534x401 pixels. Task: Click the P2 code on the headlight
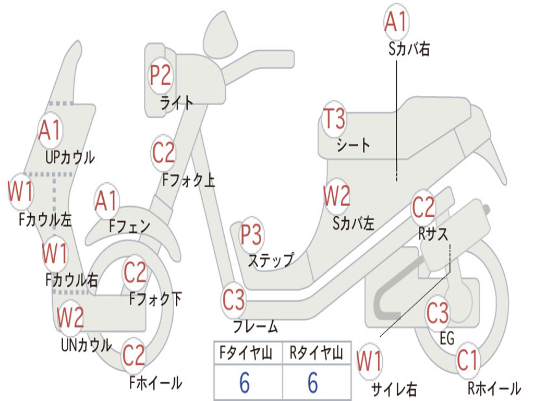click(161, 75)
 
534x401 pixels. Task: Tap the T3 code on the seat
click(334, 119)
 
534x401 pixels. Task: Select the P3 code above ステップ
click(251, 234)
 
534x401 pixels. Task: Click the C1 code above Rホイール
click(467, 360)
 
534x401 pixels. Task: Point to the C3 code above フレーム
click(233, 300)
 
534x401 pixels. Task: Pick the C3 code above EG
click(438, 313)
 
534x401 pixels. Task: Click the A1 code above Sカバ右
click(396, 21)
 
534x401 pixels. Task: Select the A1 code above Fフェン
click(106, 201)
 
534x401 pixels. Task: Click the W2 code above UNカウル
click(70, 317)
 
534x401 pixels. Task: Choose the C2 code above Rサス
click(423, 207)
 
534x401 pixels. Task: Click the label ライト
click(176, 103)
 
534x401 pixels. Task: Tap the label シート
click(353, 146)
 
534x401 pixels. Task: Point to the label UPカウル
click(70, 157)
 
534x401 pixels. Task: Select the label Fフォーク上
click(188, 180)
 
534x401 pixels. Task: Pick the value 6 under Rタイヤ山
click(313, 382)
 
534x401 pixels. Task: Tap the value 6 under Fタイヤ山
click(245, 382)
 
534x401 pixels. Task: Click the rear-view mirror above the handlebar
click(221, 34)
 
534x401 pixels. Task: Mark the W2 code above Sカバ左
click(337, 196)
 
